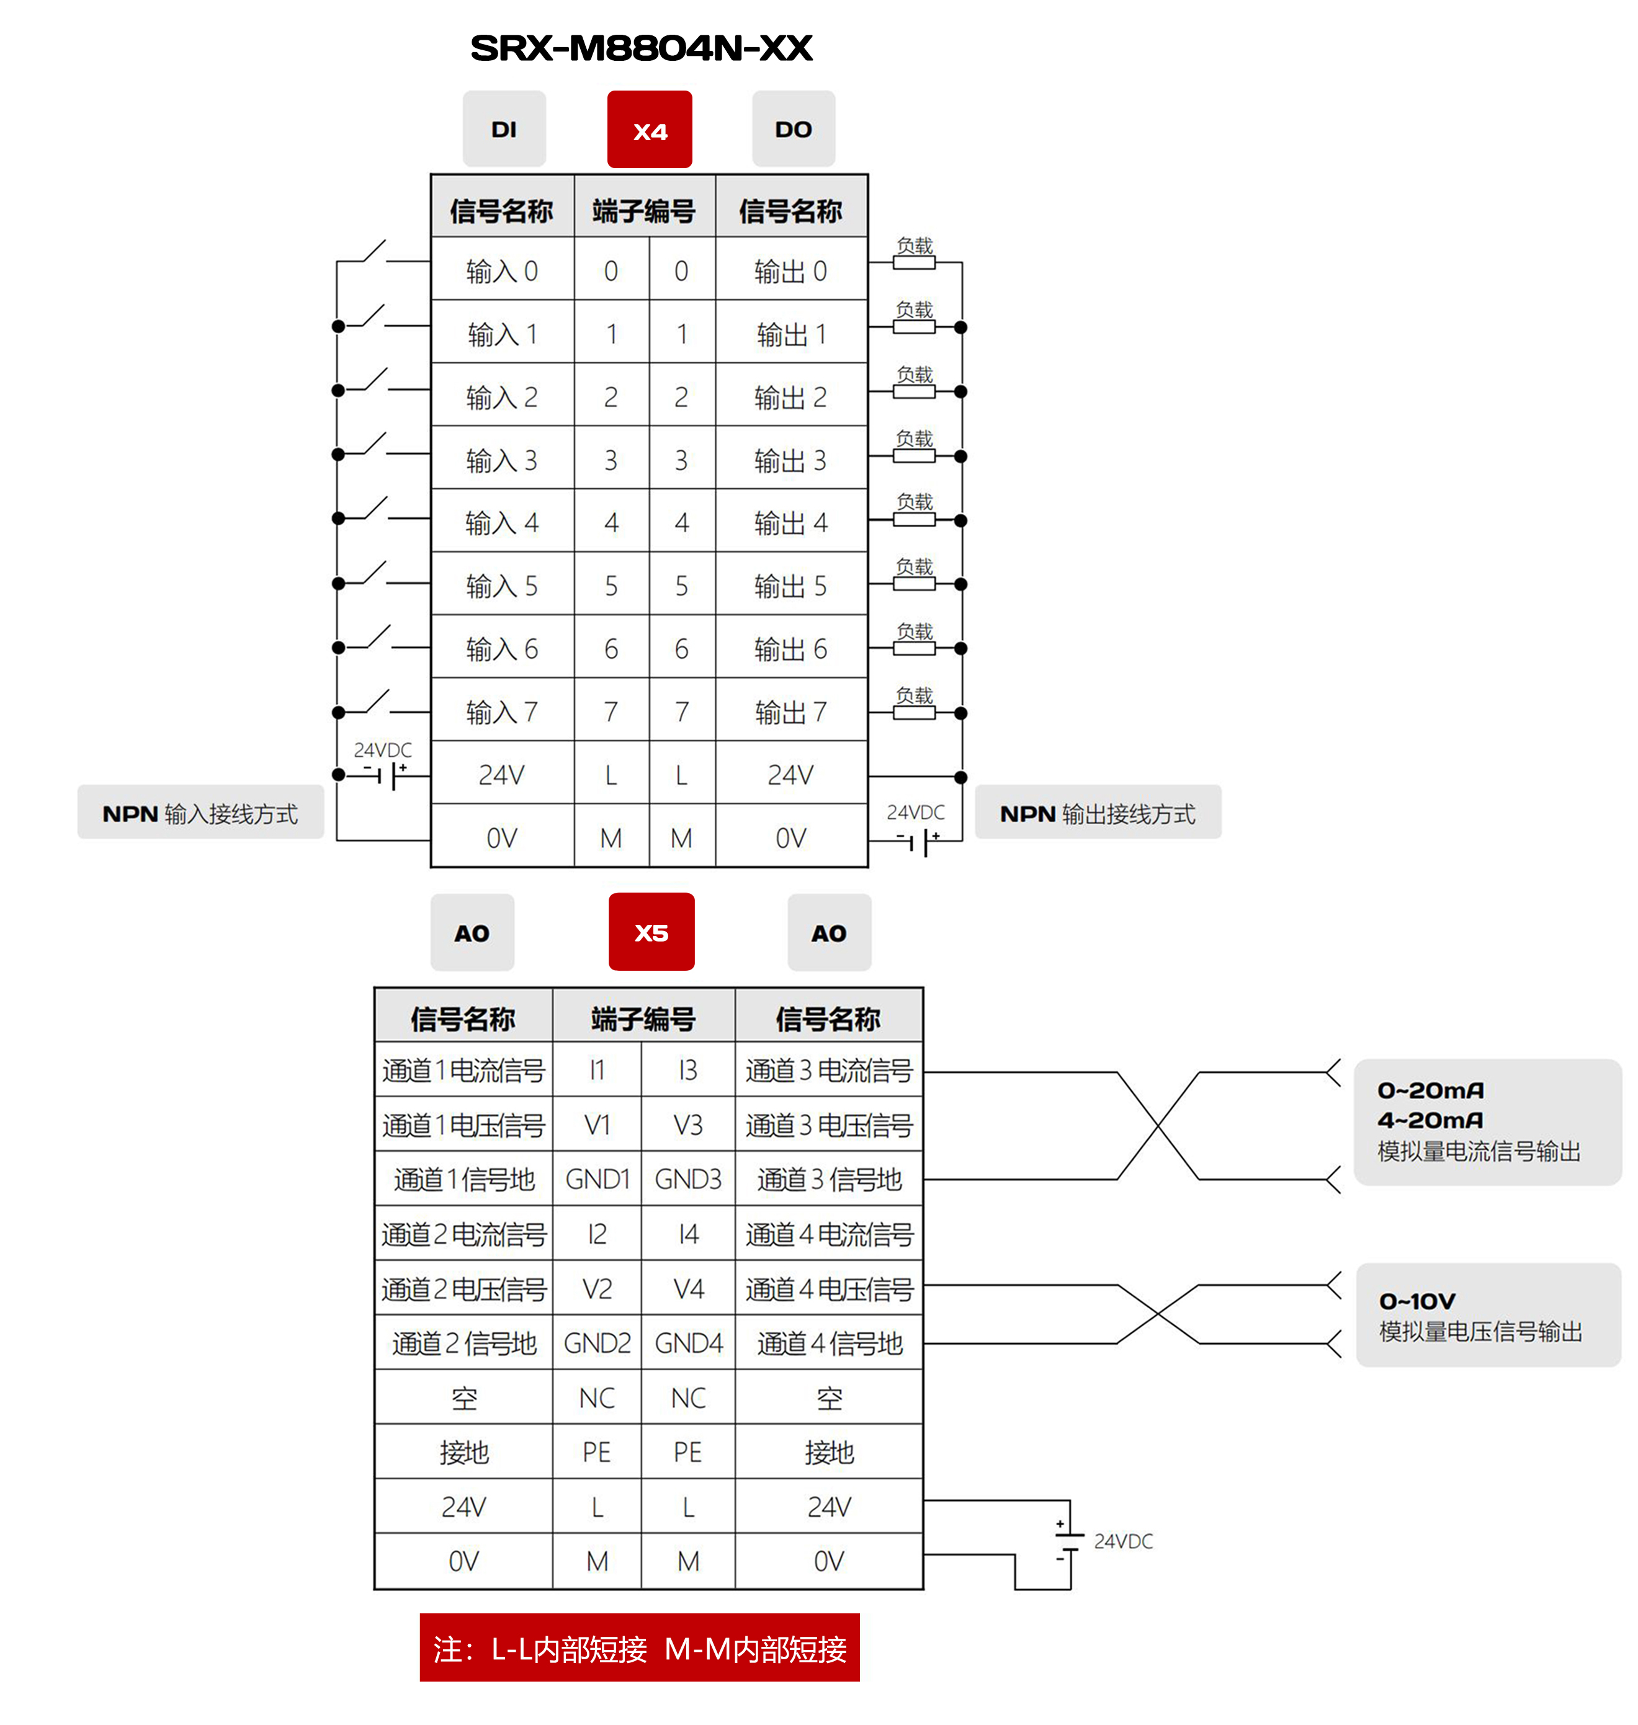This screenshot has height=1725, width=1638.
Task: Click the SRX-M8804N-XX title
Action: click(x=641, y=48)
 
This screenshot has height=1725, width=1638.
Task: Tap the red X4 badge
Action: click(x=650, y=130)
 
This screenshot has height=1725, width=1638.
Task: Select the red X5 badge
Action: click(x=651, y=932)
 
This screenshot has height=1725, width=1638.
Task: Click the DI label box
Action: click(x=504, y=129)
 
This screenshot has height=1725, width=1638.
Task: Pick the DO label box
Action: click(x=793, y=129)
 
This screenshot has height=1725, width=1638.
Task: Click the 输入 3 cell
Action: click(x=502, y=460)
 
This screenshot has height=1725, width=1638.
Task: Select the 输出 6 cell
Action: click(x=790, y=649)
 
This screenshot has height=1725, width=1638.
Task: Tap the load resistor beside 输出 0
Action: click(x=914, y=262)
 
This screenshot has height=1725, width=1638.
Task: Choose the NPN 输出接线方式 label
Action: click(x=1098, y=814)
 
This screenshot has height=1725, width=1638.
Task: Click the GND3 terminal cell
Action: click(x=688, y=1179)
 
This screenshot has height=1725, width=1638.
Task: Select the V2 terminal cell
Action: click(x=597, y=1288)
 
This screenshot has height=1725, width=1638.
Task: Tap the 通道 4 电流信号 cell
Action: click(x=828, y=1234)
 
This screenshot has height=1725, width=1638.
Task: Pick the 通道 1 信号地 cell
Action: click(x=463, y=1179)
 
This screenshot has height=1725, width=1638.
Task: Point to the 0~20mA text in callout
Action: click(x=1430, y=1090)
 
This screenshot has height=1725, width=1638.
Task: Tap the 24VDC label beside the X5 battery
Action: click(x=1123, y=1541)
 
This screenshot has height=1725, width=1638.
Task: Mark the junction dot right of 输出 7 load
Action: click(x=960, y=713)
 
